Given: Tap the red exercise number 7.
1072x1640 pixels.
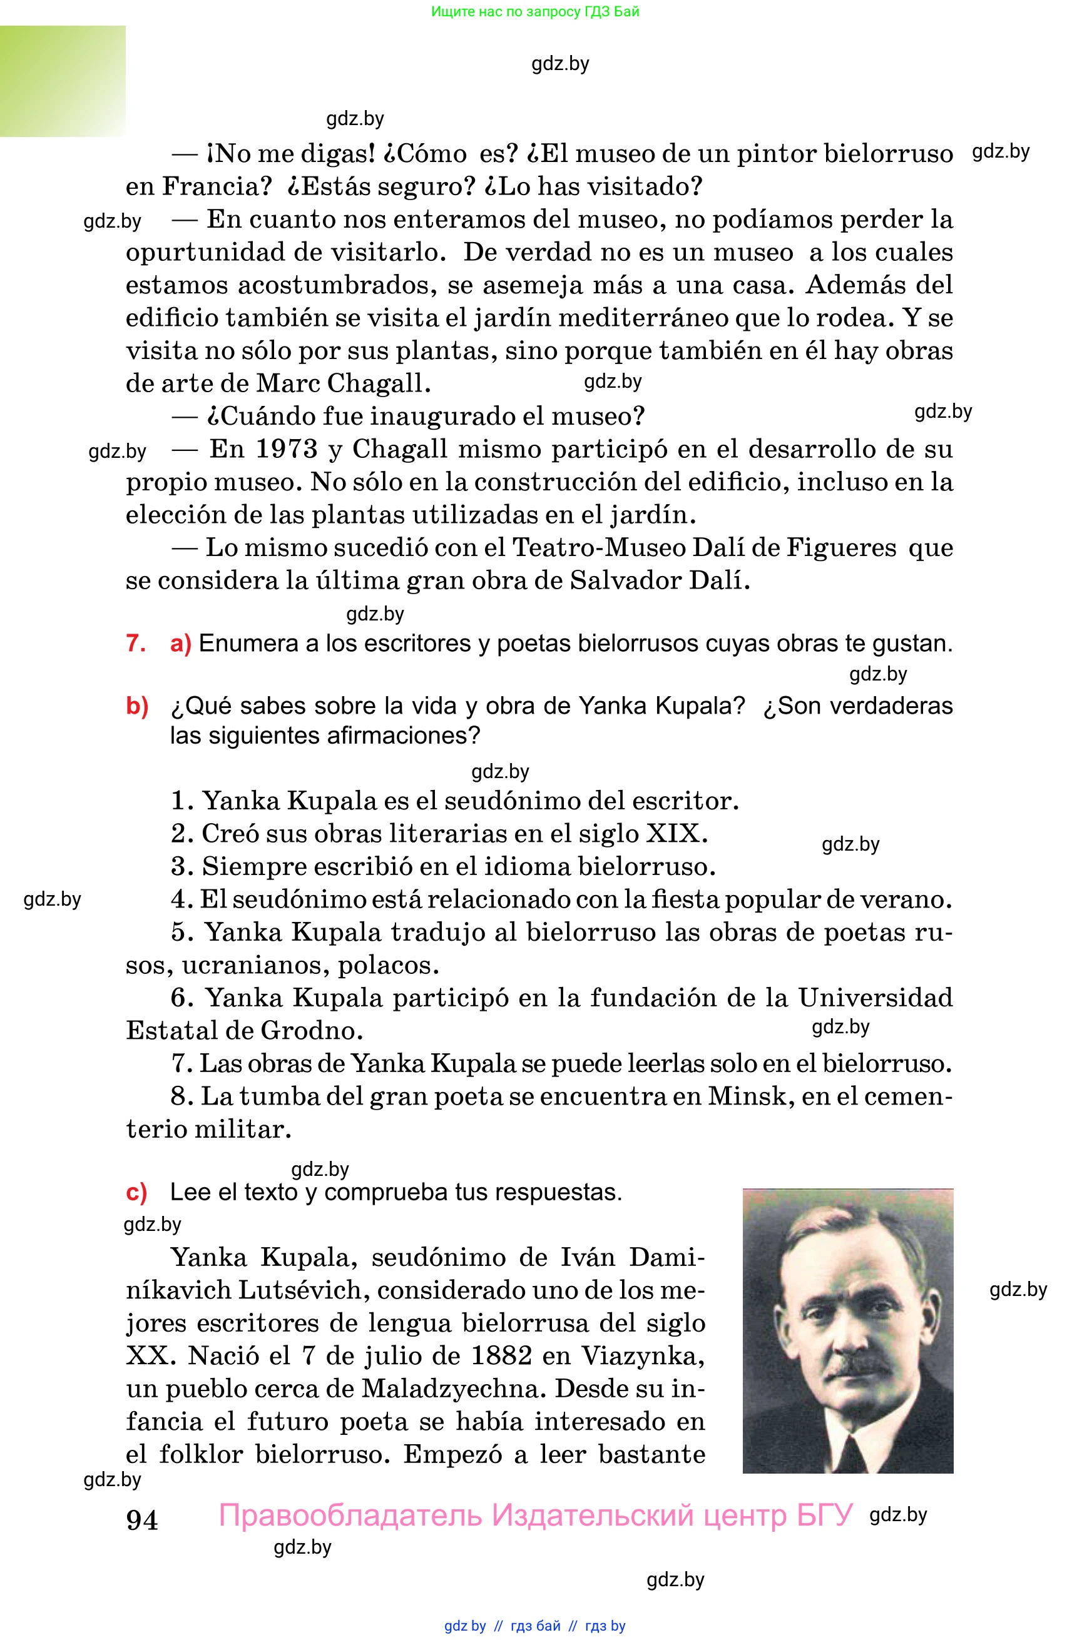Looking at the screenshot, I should [x=135, y=643].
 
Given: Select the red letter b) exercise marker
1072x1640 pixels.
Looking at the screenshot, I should [x=137, y=706].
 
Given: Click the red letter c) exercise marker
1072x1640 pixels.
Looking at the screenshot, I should [x=136, y=1192].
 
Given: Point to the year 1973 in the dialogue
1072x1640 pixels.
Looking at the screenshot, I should [x=286, y=449].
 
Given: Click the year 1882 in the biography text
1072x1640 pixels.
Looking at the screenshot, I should [x=501, y=1356].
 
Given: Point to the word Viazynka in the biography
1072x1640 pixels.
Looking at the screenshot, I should [x=642, y=1356].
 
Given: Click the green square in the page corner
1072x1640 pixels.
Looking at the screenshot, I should [x=63, y=81].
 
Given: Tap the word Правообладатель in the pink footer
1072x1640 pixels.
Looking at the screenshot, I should [x=350, y=1516].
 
